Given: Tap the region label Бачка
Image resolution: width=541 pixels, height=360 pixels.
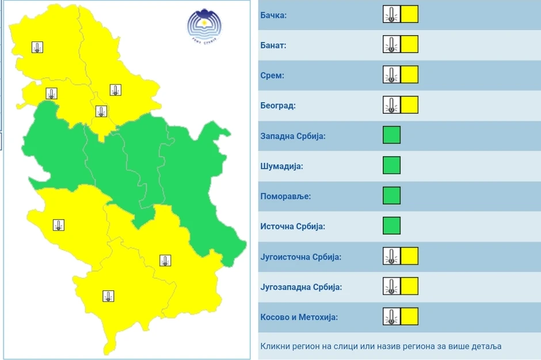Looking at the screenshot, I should click(273, 15).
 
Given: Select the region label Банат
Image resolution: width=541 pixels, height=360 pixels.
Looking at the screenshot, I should click(273, 45).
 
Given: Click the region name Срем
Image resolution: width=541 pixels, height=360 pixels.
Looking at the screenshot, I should click(272, 75).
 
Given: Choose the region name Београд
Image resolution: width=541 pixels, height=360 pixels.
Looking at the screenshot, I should click(277, 106).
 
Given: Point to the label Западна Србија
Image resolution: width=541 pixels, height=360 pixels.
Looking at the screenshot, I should click(293, 137).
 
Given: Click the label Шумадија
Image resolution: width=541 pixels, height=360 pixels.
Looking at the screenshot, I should click(281, 166).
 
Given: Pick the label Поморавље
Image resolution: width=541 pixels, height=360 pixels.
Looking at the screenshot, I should click(285, 196).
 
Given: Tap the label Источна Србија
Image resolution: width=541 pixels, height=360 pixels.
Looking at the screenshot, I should click(292, 226).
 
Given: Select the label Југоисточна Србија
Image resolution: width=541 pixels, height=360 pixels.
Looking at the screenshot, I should click(300, 257).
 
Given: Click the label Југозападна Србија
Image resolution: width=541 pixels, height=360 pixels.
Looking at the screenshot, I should click(301, 287).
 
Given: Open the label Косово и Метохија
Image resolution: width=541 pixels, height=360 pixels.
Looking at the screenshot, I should click(299, 317).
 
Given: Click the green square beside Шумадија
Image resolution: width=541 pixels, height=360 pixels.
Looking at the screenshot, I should click(391, 165).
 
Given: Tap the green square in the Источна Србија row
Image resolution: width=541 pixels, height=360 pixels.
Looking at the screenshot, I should click(391, 225).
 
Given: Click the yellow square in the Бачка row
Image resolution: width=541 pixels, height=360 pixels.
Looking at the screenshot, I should click(409, 14).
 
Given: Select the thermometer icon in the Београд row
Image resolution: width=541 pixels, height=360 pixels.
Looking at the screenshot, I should click(391, 105).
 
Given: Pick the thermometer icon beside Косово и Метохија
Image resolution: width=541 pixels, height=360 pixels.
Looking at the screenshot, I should click(391, 316).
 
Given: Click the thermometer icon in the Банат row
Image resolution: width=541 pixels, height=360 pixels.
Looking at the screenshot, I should click(391, 44).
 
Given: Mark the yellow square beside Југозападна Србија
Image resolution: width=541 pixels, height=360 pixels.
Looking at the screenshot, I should click(409, 286).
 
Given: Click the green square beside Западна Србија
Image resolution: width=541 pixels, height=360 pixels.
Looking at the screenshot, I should click(391, 135).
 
